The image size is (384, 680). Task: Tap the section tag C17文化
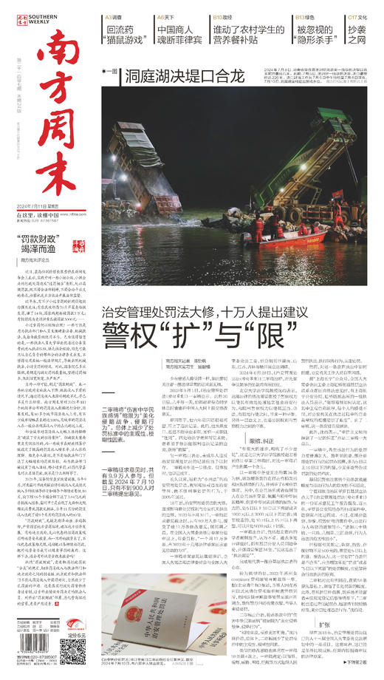click(357, 15)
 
